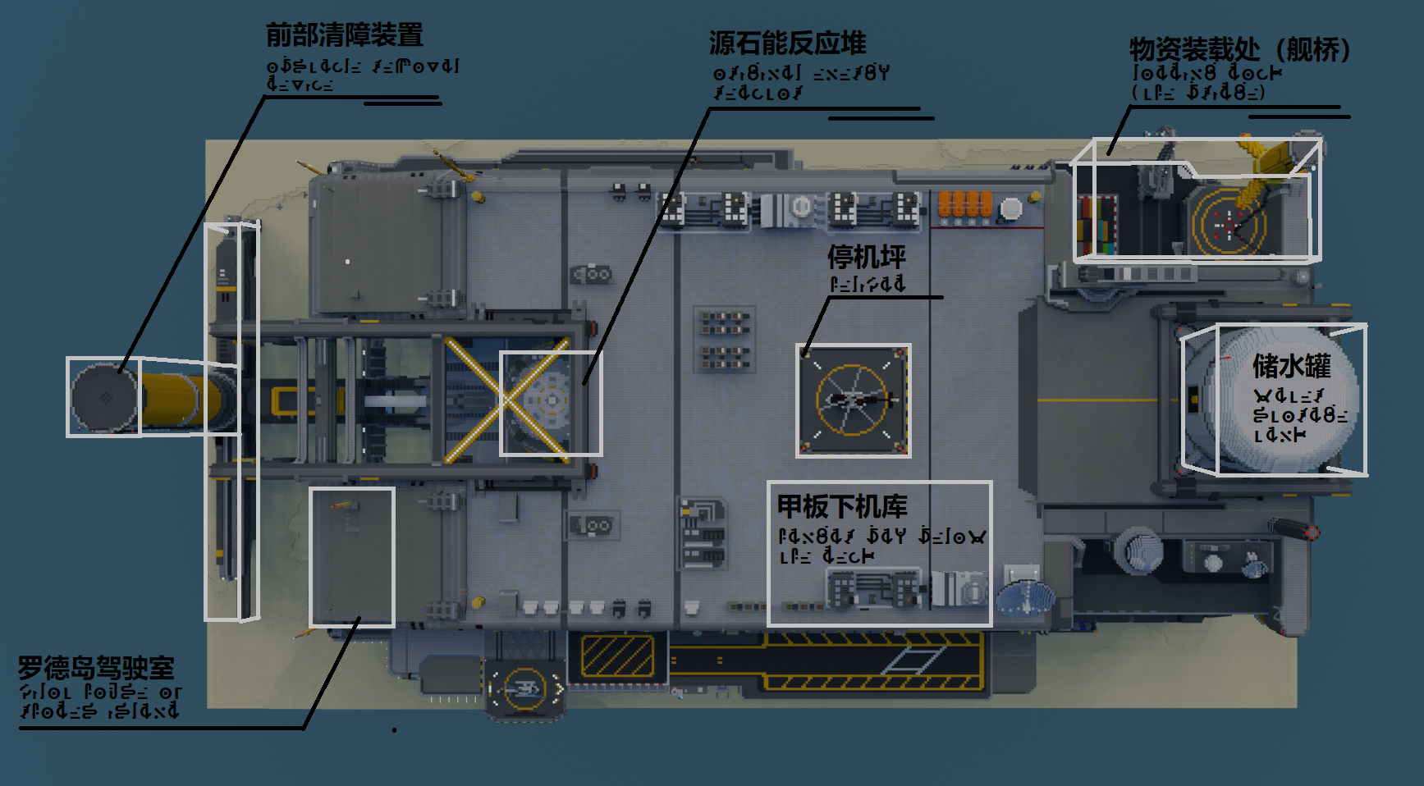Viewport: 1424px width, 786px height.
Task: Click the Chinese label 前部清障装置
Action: [345, 35]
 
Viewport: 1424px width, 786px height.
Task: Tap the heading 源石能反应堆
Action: [787, 43]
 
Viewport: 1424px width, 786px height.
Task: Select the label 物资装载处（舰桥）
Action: [1239, 49]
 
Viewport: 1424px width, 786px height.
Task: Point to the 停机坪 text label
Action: [867, 257]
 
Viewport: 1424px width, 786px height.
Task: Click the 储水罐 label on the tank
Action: [1291, 366]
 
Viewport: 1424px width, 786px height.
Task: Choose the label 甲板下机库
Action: [842, 506]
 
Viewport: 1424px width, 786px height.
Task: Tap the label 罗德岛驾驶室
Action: [96, 668]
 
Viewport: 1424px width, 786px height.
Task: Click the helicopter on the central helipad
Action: [854, 400]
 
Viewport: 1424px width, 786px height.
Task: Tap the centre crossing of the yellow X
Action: [506, 400]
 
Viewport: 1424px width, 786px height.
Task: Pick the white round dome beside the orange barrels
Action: [1011, 208]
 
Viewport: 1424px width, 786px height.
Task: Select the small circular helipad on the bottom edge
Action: [524, 688]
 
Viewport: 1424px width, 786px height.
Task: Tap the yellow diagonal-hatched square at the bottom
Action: [617, 656]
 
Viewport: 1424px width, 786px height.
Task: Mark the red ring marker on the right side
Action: [1312, 533]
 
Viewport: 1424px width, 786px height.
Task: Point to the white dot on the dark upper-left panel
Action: [348, 262]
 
